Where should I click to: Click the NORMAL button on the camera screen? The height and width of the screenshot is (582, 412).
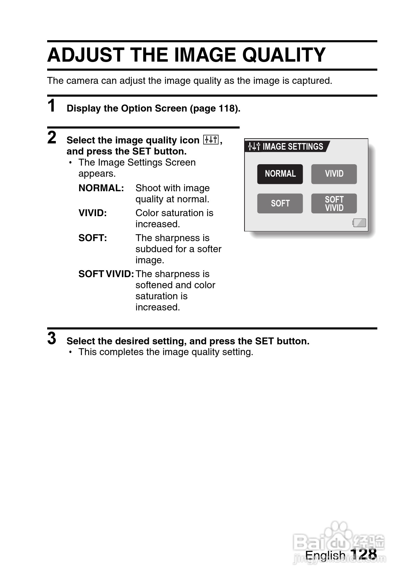pyautogui.click(x=280, y=174)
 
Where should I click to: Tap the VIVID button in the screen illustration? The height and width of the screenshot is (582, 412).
pyautogui.click(x=334, y=174)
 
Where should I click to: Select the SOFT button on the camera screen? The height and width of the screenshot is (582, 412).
pyautogui.click(x=280, y=203)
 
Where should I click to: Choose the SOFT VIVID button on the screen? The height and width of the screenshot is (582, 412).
pyautogui.click(x=334, y=203)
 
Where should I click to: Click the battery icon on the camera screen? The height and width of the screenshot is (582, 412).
pyautogui.click(x=359, y=223)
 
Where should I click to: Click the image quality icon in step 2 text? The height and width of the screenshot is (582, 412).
pyautogui.click(x=211, y=140)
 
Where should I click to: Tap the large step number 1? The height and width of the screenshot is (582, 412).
pyautogui.click(x=52, y=106)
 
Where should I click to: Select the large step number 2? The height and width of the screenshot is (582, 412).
pyautogui.click(x=52, y=138)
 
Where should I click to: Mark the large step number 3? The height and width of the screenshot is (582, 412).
pyautogui.click(x=52, y=338)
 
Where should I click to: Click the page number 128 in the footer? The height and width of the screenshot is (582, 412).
pyautogui.click(x=363, y=554)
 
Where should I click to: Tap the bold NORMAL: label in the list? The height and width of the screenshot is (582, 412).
pyautogui.click(x=101, y=188)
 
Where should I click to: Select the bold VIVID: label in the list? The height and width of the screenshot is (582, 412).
pyautogui.click(x=93, y=213)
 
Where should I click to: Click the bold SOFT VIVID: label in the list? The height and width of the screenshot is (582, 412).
pyautogui.click(x=106, y=274)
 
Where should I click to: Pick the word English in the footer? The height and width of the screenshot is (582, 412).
pyautogui.click(x=325, y=555)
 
